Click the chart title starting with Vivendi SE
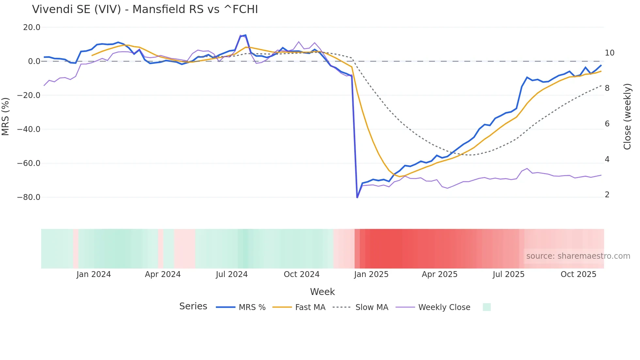[145, 9]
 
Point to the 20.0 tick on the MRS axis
[32, 27]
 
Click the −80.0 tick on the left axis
[29, 197]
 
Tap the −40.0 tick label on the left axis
[29, 129]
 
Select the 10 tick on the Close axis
[609, 53]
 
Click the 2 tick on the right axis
[607, 195]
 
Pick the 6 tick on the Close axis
[607, 124]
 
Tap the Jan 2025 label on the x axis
[371, 274]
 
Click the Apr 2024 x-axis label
[163, 274]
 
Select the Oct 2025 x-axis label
[578, 274]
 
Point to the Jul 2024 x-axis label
[232, 274]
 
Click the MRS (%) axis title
[6, 116]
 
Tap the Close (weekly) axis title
[627, 117]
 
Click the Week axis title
[322, 292]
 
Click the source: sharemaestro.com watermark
[578, 256]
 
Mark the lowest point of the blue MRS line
[357, 197]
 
